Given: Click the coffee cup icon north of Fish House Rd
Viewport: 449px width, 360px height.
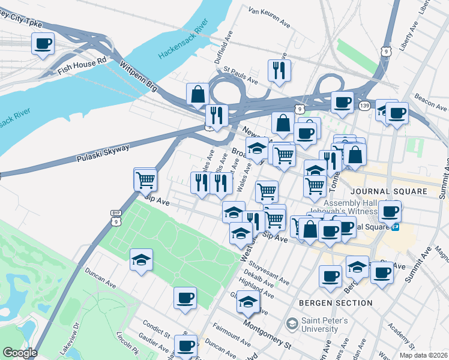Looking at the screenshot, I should click(x=43, y=44).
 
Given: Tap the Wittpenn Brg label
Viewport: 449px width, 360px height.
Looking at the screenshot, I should click(x=138, y=76).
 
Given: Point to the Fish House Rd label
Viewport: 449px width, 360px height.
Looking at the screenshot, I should click(x=82, y=65).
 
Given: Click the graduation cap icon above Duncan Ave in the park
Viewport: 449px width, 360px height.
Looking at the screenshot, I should click(x=141, y=260).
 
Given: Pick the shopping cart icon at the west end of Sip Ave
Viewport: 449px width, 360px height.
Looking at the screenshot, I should click(x=145, y=179).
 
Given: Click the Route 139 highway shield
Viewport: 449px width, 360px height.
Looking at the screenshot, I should click(x=364, y=106).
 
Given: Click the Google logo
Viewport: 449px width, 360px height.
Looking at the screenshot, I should click(x=20, y=353).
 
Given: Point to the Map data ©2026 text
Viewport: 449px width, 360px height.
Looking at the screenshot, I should click(x=423, y=355).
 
